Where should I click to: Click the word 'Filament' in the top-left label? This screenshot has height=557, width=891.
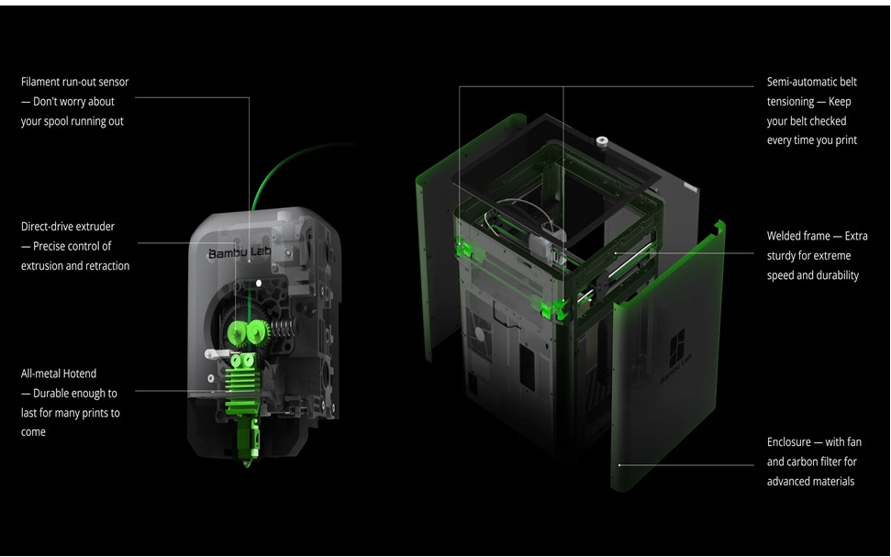(39, 82)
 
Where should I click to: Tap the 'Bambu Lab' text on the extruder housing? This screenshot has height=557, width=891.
(239, 251)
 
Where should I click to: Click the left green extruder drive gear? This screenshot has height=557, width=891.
(237, 332)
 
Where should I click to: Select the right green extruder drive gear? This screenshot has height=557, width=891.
(258, 330)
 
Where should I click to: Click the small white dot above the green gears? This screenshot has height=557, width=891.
(259, 283)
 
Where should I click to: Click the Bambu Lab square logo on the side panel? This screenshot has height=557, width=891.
(677, 345)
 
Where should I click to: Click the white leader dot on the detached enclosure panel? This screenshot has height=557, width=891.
(619, 465)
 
